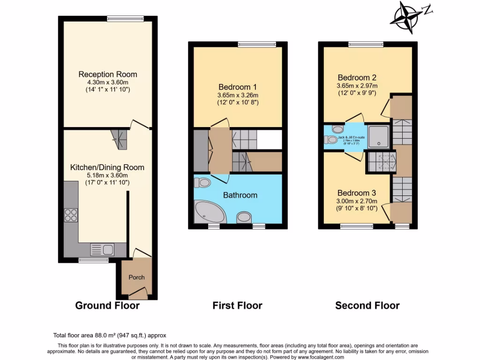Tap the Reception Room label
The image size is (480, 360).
coord(108,75)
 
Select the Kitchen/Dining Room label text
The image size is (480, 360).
coord(107,167)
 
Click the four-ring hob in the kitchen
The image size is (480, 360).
coord(71,215)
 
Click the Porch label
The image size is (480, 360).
coord(136,277)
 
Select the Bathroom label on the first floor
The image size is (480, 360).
coord(240,195)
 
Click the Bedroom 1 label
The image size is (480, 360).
coord(238,87)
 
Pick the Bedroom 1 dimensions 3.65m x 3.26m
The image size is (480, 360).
coord(238,95)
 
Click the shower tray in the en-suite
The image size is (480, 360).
coord(378,136)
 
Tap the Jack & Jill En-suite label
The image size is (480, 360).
coord(345,137)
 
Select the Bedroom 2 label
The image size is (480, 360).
coord(357,78)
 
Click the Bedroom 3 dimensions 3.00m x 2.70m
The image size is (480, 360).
coord(357,201)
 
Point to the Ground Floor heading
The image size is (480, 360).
coord(107,306)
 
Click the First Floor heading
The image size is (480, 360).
coord(237,306)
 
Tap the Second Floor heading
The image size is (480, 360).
coord(367,306)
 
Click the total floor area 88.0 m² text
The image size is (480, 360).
coord(109,336)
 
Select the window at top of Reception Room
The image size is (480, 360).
coord(121,19)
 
